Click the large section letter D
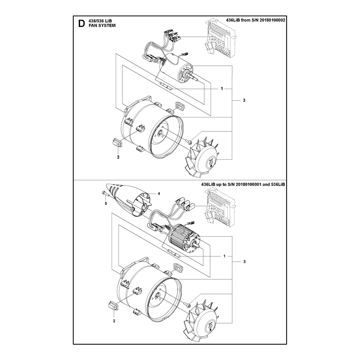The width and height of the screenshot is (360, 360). (81, 23)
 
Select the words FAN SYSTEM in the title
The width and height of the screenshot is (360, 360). (102, 26)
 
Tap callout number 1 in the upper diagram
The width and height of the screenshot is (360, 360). (222, 89)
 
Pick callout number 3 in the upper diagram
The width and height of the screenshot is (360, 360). (244, 100)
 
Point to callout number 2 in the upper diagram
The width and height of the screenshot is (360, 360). (118, 157)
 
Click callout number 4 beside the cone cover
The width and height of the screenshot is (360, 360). (159, 193)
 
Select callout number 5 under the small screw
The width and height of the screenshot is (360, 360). (106, 203)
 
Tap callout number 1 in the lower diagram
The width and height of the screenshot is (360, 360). (225, 256)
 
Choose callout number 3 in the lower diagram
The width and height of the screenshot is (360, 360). (244, 261)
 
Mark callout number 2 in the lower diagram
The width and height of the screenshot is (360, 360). (114, 321)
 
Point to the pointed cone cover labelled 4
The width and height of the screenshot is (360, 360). (129, 198)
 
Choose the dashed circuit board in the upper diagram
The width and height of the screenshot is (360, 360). (220, 40)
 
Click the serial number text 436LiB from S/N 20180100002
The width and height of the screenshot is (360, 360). (256, 20)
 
